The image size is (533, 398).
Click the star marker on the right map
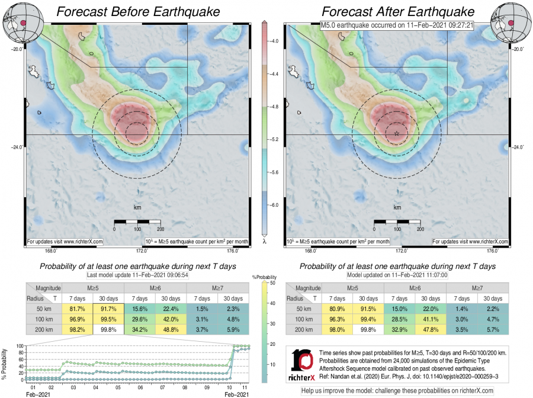397,134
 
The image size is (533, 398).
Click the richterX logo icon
303,365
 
